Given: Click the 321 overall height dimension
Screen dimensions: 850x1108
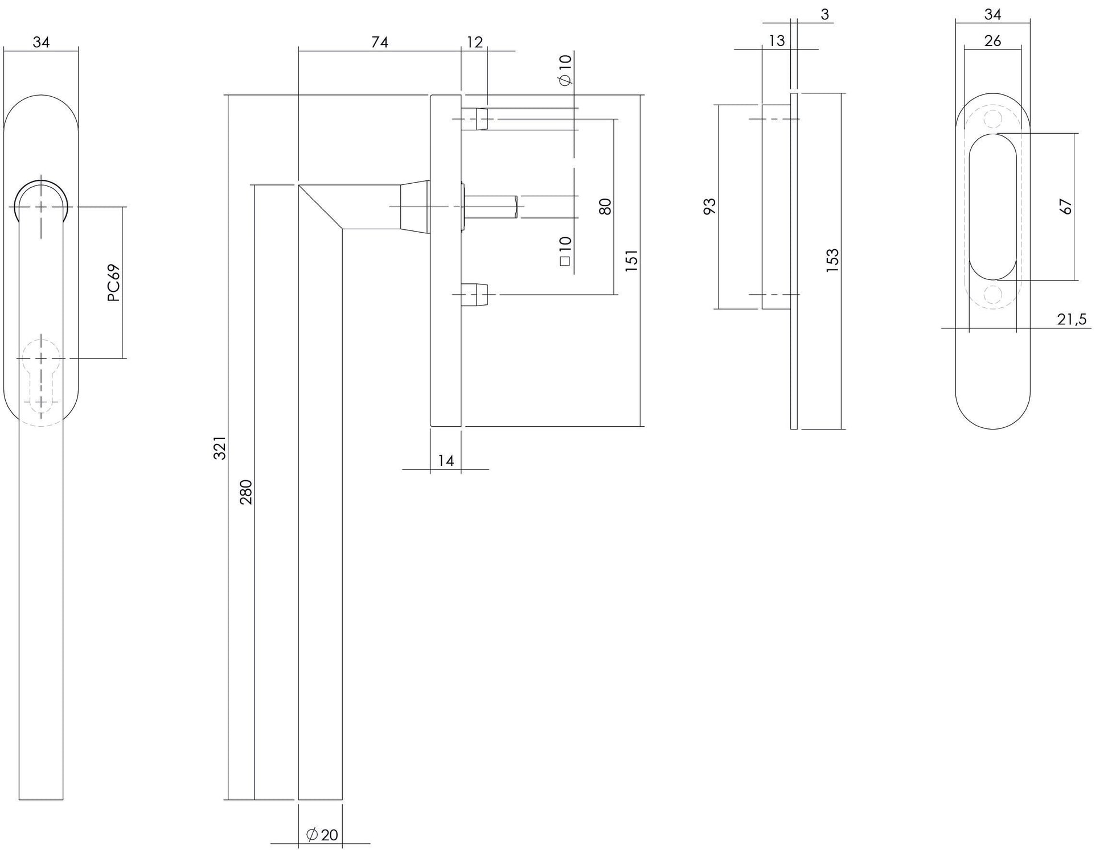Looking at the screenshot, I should point(220,447).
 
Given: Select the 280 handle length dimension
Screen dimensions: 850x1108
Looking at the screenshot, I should point(246,492).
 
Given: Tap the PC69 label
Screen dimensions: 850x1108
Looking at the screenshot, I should point(114,283).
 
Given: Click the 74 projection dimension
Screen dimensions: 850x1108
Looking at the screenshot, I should point(380,42).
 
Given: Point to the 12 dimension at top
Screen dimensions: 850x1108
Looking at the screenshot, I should point(474,42).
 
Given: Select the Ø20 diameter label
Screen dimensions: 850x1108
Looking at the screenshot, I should point(322,835).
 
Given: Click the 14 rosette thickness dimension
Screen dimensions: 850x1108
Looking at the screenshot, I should point(446,461).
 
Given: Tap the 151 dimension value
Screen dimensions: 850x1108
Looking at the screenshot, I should point(632,260).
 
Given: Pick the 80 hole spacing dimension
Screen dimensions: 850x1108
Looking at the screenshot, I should point(605,206).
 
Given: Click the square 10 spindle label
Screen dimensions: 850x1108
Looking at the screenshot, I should point(565,251).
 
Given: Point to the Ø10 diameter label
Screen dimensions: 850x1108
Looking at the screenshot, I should point(565,70).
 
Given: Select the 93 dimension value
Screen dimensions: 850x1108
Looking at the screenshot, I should point(709,206).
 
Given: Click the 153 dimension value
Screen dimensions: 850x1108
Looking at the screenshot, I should point(832,260).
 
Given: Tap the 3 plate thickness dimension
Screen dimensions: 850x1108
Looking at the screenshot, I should point(825,14).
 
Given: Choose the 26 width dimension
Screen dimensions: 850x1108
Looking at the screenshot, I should point(992,41).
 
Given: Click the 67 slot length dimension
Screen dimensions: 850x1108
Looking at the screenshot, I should point(1066,206).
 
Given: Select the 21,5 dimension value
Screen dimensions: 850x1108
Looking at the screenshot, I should point(1072,320).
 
